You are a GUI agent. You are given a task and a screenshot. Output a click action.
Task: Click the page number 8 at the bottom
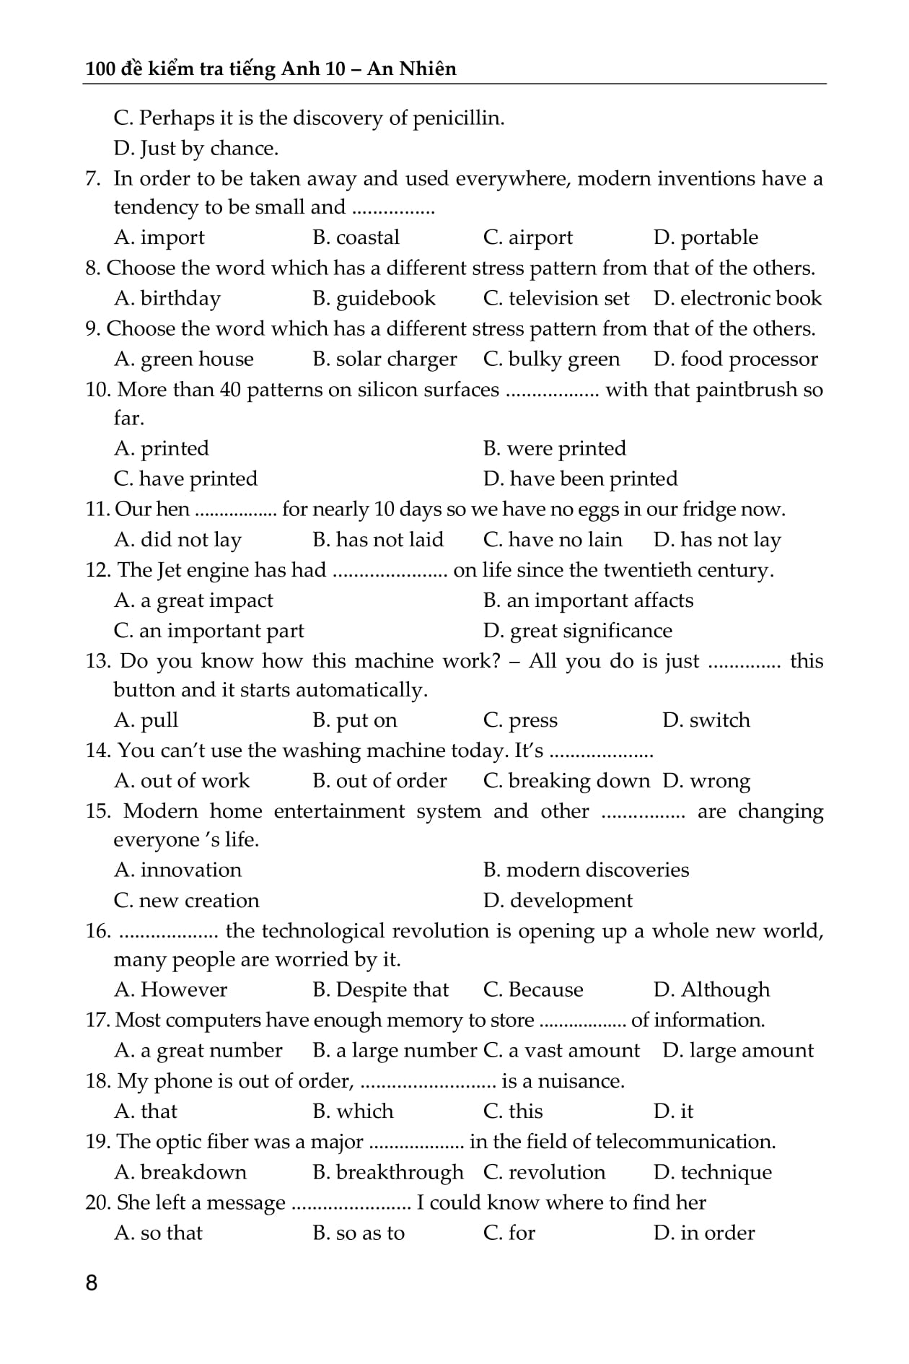pos(91,1282)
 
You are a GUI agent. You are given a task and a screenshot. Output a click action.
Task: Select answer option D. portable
pos(705,237)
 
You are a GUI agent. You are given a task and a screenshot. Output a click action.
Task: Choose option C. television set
pos(555,298)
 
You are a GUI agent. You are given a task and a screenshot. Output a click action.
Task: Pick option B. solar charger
pos(385,359)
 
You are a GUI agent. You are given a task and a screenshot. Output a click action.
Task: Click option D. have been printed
pos(580,478)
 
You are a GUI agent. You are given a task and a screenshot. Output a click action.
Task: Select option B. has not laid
pos(378,540)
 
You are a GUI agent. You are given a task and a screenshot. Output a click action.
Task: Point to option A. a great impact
pos(193,600)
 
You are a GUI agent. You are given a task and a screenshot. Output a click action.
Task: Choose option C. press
pos(520,720)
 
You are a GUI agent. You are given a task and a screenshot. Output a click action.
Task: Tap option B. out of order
pos(379,781)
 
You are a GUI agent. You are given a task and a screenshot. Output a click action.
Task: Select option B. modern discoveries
pos(586,870)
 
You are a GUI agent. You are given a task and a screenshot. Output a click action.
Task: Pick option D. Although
pos(711,989)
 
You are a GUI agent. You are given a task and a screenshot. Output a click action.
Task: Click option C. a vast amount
pos(561,1050)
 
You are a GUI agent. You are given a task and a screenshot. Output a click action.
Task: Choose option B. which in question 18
pos(353,1111)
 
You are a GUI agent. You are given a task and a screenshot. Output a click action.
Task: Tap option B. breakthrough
pos(388,1172)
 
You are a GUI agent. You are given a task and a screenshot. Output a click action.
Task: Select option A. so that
pos(158,1233)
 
